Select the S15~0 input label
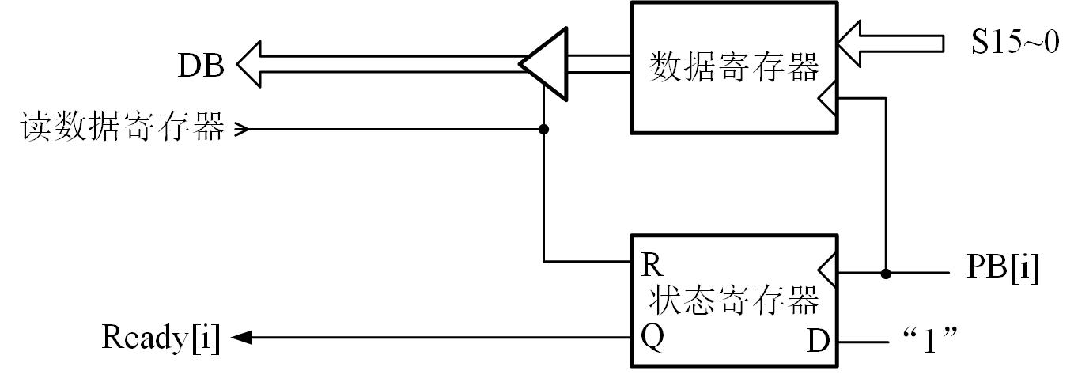[x=1016, y=42]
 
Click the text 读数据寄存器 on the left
[x=123, y=127]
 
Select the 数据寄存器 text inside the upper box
[x=733, y=68]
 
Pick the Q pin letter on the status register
[x=652, y=338]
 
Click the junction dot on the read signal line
[x=543, y=129]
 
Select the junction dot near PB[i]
[x=887, y=274]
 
